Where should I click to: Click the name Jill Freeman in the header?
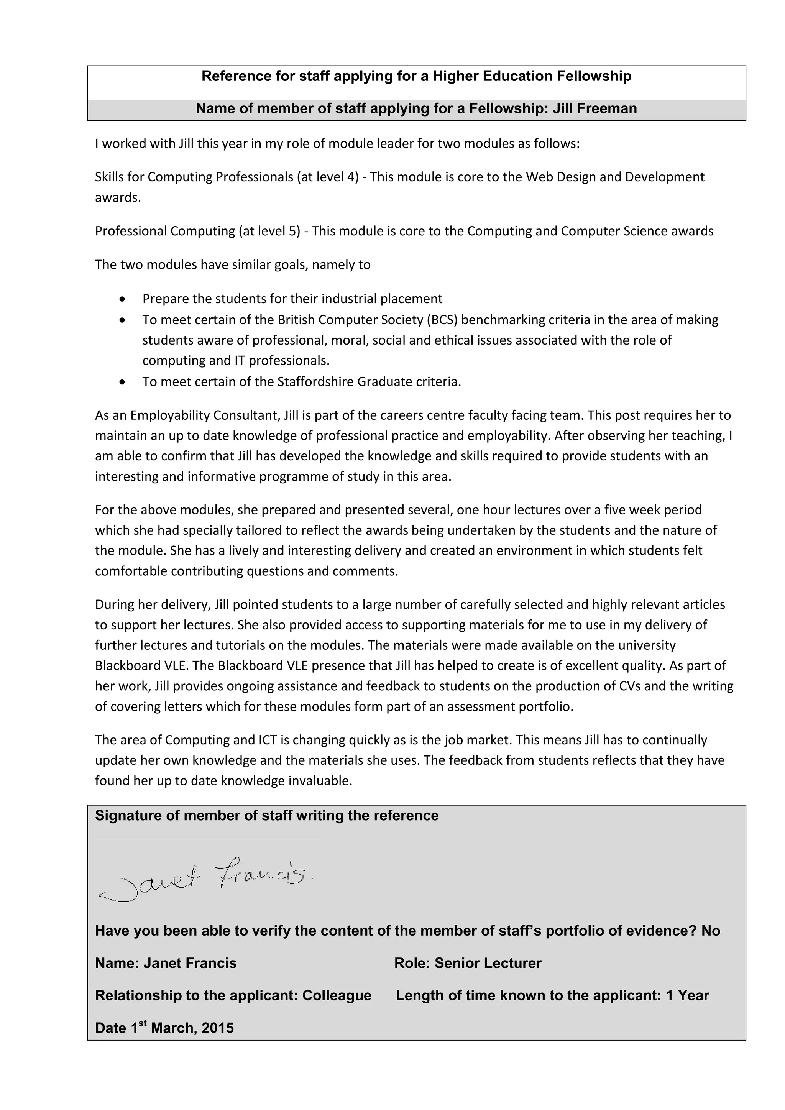[594, 108]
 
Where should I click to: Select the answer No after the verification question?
[711, 931]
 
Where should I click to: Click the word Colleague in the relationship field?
[337, 995]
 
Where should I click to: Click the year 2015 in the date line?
[217, 1028]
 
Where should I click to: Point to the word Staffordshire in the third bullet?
[315, 381]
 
